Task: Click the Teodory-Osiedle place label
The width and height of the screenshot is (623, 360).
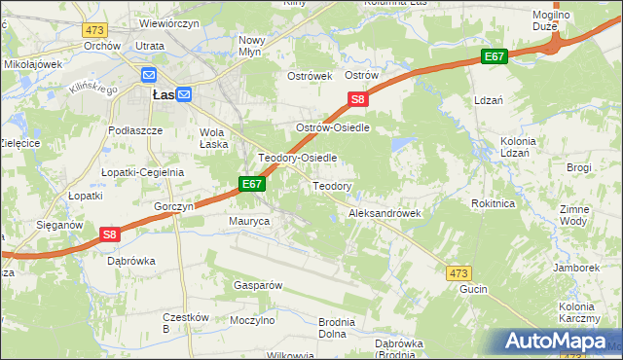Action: [297, 157]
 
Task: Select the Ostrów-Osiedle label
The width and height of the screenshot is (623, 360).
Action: [335, 127]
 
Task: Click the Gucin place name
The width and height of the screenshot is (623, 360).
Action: [473, 289]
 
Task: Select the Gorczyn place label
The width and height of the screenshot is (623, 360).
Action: [174, 207]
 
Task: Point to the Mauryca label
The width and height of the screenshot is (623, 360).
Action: [248, 222]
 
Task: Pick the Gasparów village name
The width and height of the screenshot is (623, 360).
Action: [257, 285]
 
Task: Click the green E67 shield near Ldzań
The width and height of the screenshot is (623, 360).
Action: [494, 57]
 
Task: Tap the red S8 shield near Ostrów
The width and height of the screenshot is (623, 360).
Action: [358, 99]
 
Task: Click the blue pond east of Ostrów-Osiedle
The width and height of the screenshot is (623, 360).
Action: [400, 145]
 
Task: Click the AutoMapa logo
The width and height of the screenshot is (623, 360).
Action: [559, 342]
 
